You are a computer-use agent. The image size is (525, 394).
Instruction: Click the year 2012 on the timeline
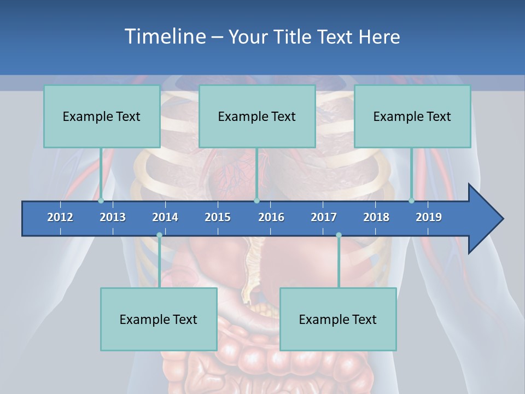[60, 217]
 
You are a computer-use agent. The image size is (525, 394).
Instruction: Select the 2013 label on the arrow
[113, 217]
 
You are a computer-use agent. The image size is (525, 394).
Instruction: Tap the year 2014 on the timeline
[165, 217]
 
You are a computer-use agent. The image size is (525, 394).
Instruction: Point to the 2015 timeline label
[218, 217]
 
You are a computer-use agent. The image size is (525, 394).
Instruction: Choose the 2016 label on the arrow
[271, 217]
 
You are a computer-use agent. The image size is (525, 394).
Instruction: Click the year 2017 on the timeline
[324, 217]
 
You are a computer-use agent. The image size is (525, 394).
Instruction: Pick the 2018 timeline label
[376, 217]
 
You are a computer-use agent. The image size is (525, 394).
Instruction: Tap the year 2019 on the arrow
[429, 217]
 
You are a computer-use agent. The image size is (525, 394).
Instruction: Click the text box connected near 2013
[102, 116]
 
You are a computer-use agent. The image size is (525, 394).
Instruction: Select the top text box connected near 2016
[257, 116]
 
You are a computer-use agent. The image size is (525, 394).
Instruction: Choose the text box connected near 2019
[412, 116]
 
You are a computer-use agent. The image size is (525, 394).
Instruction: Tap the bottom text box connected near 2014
[159, 319]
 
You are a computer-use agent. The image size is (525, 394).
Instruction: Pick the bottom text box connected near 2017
[338, 319]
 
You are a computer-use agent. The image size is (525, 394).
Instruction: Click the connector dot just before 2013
[101, 201]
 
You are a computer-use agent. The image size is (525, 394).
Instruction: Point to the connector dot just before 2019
[412, 201]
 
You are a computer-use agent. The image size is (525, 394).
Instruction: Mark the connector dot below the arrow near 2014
[159, 235]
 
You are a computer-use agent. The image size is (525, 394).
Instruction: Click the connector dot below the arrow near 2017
[339, 235]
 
